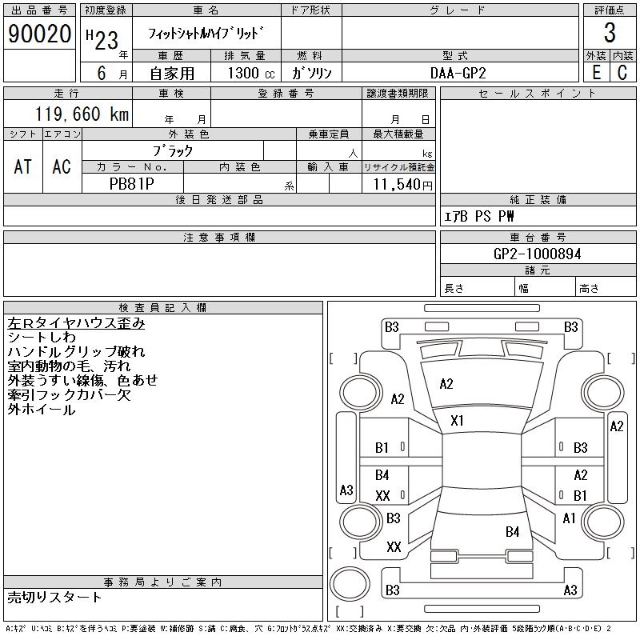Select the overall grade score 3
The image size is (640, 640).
click(610, 34)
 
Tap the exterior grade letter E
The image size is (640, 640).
click(596, 72)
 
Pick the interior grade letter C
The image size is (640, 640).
click(622, 72)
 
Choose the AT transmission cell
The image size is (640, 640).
click(23, 166)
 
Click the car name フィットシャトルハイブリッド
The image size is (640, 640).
click(206, 34)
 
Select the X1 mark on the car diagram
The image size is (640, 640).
click(458, 421)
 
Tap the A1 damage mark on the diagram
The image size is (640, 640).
click(569, 518)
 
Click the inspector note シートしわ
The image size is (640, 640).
click(42, 338)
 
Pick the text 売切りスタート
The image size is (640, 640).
click(55, 598)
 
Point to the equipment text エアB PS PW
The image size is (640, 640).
click(479, 216)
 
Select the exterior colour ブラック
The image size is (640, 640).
click(173, 150)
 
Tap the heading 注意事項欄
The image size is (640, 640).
click(219, 238)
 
